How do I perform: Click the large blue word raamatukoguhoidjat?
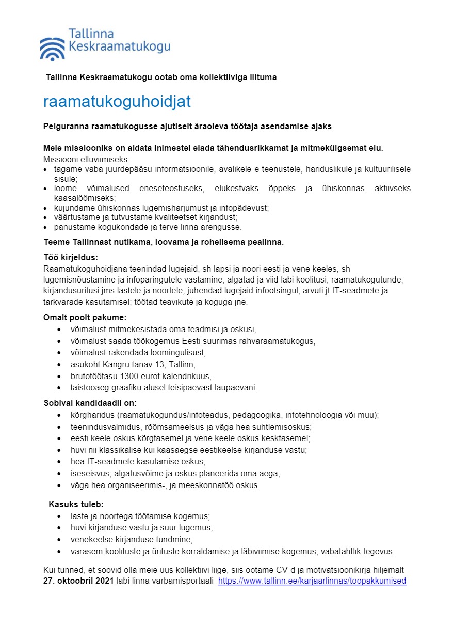[x=117, y=102]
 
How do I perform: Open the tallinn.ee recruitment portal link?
[x=312, y=581]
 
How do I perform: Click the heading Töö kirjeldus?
[x=71, y=257]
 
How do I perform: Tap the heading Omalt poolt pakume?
[x=85, y=317]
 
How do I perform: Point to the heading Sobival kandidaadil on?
[x=90, y=403]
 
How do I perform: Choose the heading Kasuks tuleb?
[x=76, y=504]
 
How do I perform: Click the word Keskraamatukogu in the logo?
[x=119, y=49]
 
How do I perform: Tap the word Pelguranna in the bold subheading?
[x=66, y=126]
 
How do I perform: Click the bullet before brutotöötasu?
[x=60, y=377]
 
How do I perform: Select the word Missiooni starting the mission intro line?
[x=61, y=159]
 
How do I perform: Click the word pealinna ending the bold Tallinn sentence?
[x=267, y=242]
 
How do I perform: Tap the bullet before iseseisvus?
[x=60, y=474]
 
